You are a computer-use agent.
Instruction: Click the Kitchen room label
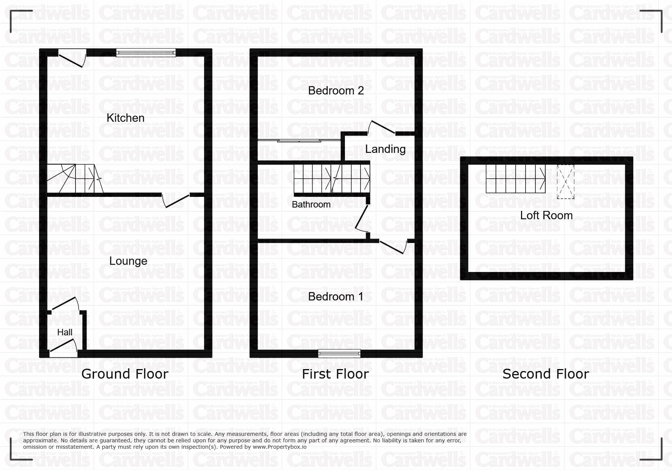[x=125, y=118]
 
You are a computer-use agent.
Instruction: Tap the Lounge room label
[x=128, y=261]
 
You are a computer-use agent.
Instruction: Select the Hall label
[x=65, y=332]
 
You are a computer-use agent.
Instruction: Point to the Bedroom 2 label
[x=336, y=91]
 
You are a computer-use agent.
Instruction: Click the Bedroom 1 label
[x=336, y=297]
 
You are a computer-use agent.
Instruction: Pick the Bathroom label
[x=311, y=204]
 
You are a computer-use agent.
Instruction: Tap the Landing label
[x=385, y=149]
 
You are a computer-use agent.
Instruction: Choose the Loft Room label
[x=546, y=215]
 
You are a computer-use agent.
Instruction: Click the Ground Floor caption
[x=125, y=374]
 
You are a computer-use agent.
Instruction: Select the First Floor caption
[x=335, y=374]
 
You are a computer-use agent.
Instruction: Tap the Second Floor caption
[x=546, y=374]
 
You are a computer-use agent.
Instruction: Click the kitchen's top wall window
[x=146, y=53]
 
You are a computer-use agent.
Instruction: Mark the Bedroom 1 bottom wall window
[x=340, y=354]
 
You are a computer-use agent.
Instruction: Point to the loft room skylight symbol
[x=566, y=182]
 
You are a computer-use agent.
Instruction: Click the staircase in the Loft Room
[x=516, y=179]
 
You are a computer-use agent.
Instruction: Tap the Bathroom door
[x=362, y=218]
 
